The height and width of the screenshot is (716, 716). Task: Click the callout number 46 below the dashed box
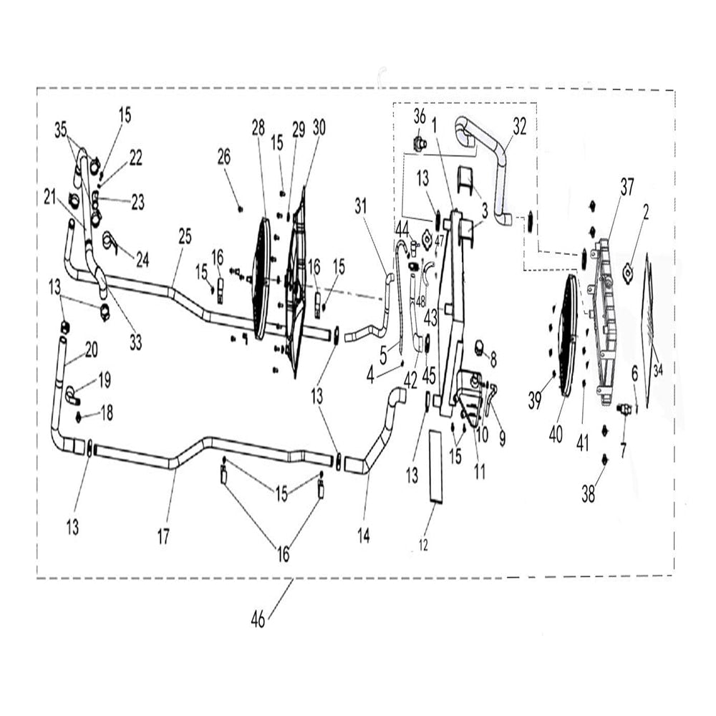pos(258,619)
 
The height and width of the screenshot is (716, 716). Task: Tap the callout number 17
pos(163,536)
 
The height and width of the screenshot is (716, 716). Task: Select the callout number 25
pos(185,237)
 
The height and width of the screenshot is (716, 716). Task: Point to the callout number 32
pos(520,127)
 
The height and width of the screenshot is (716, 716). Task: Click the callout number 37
pos(627,187)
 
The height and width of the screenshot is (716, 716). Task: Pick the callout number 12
pos(423,545)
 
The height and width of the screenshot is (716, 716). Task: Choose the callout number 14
pos(364,536)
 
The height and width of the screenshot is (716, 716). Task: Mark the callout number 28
pos(258,128)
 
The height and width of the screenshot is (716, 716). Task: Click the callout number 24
pos(142,260)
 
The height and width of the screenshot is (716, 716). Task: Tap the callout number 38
pos(588,494)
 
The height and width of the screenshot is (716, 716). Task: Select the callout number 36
pos(420,117)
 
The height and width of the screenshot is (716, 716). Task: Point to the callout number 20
pos(92,350)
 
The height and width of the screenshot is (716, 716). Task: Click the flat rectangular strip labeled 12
pos(435,466)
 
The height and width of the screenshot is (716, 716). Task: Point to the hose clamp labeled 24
pos(110,241)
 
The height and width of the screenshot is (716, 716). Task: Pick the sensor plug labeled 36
pos(419,144)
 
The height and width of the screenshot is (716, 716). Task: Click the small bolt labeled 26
pos(240,209)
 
